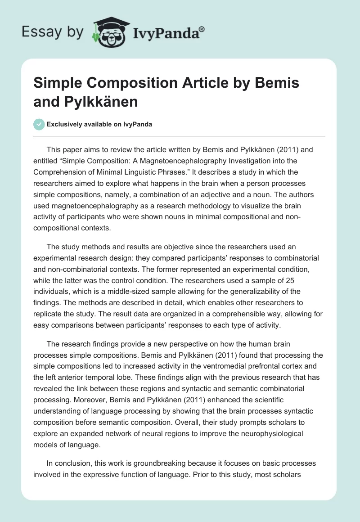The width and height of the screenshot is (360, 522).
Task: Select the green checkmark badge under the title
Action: point(39,125)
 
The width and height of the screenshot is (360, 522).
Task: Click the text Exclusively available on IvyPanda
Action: point(99,125)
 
